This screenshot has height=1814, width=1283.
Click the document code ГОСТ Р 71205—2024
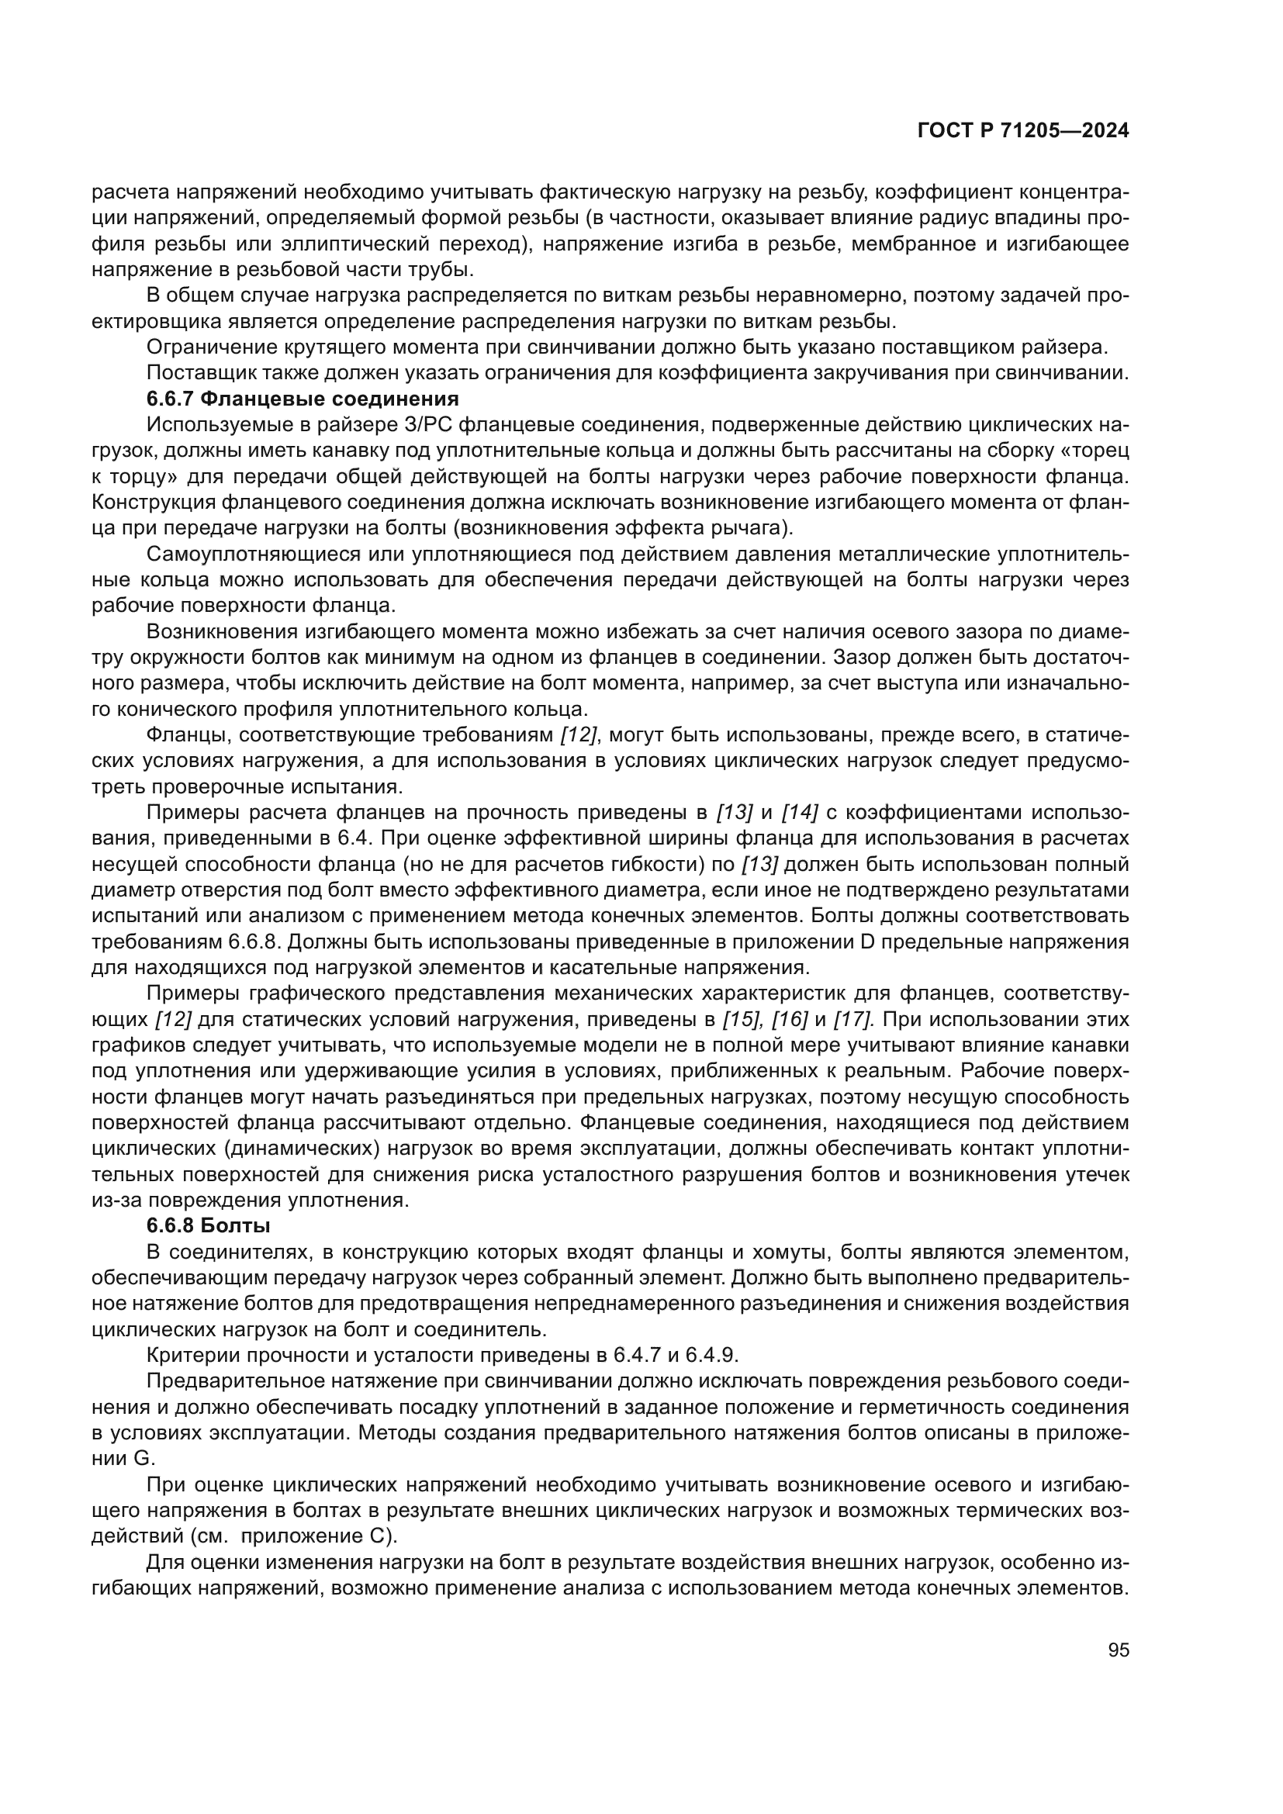(x=1022, y=131)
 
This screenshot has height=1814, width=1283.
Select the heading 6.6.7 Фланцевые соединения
(x=303, y=398)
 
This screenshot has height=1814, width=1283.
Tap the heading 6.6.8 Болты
(x=209, y=1226)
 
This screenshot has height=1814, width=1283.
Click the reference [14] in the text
(x=800, y=812)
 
